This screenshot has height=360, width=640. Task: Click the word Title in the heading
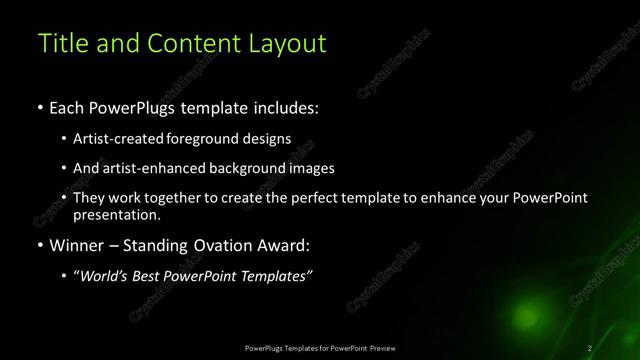[x=59, y=43]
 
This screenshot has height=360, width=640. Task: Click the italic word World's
[x=107, y=275]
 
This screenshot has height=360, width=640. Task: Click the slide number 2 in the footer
[x=590, y=347]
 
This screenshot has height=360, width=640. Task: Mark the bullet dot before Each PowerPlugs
[x=39, y=108]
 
